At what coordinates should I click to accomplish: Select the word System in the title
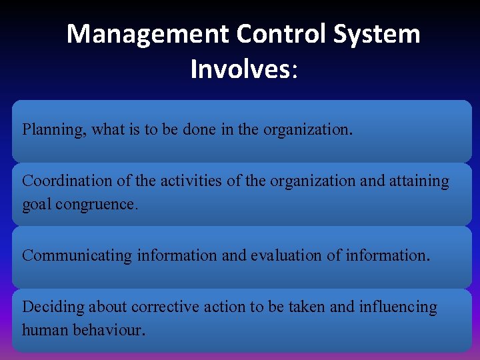click(378, 34)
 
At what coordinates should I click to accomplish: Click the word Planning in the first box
click(53, 130)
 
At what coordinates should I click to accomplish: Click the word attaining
click(419, 181)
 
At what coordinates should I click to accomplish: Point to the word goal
click(36, 204)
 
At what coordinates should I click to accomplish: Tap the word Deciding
click(53, 307)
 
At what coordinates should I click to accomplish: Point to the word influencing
click(399, 307)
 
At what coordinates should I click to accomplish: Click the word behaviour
click(105, 330)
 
